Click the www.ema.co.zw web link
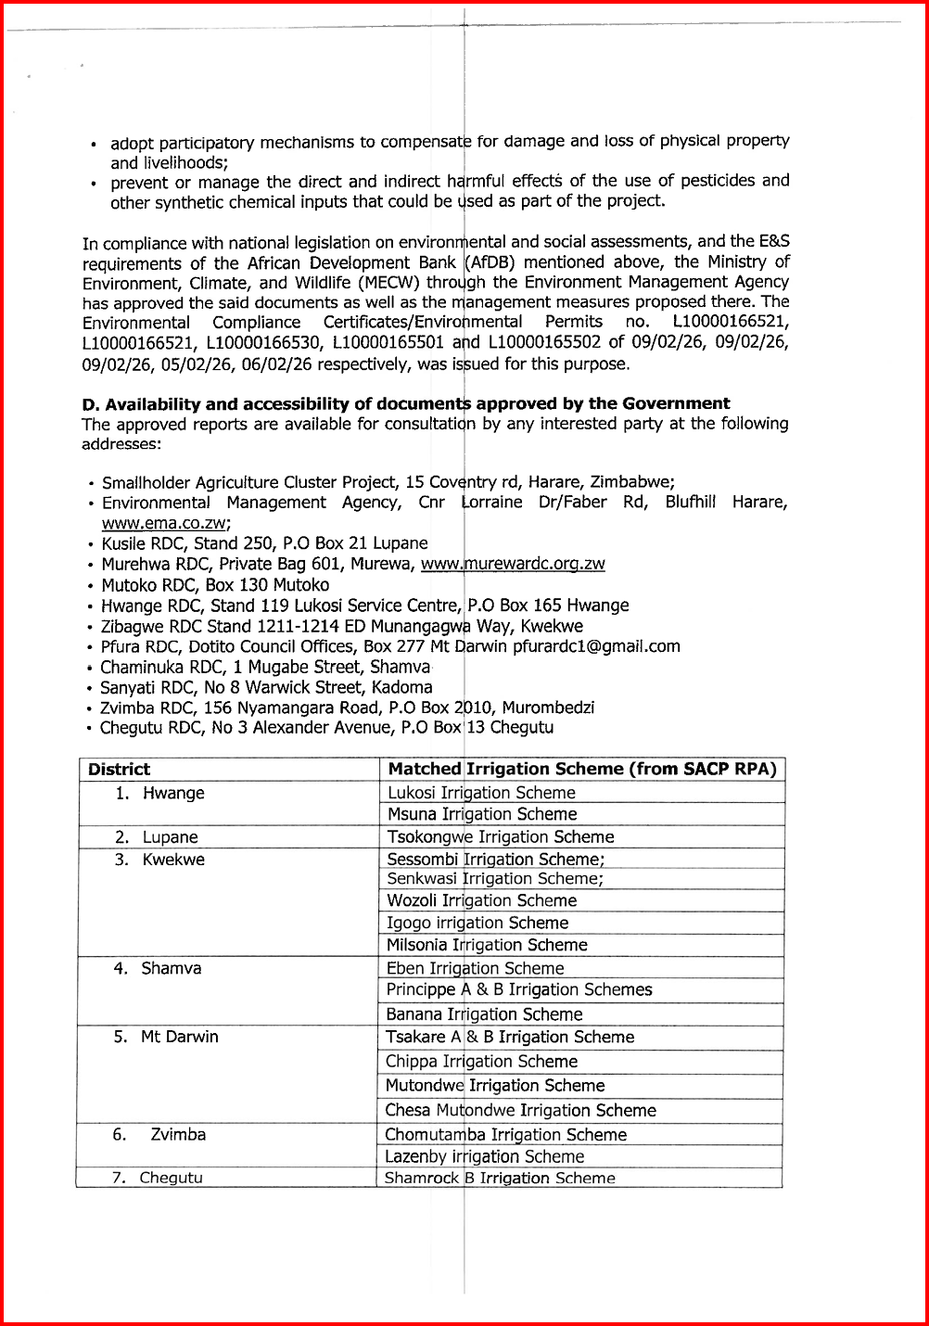pyautogui.click(x=166, y=523)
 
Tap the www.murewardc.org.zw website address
pyautogui.click(x=513, y=564)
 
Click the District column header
pyautogui.click(x=119, y=769)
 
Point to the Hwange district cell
pyautogui.click(x=172, y=793)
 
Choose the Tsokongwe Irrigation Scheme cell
pyautogui.click(x=501, y=836)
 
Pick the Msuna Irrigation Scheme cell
pyautogui.click(x=482, y=814)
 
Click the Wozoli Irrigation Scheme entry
pyautogui.click(x=482, y=900)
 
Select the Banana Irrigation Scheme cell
pyautogui.click(x=484, y=1014)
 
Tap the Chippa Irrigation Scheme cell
pyautogui.click(x=482, y=1062)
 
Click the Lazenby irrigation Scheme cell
pyautogui.click(x=485, y=1156)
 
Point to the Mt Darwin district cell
pyautogui.click(x=179, y=1037)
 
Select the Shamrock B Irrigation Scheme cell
pyautogui.click(x=500, y=1179)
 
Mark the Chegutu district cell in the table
pyautogui.click(x=171, y=1179)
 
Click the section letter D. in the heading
pyautogui.click(x=90, y=404)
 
